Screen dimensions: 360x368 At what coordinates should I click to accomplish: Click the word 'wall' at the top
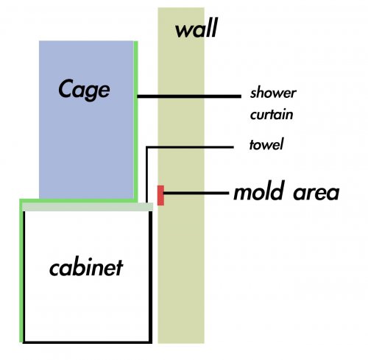pos(197,30)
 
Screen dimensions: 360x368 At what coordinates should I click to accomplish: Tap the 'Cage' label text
pos(84,90)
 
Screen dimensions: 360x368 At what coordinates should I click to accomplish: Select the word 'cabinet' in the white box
pos(86,267)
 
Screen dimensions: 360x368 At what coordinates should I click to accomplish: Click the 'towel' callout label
pos(267,144)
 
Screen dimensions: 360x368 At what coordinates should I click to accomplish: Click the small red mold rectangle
pos(160,196)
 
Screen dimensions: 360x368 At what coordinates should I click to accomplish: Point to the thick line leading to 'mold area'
pos(195,194)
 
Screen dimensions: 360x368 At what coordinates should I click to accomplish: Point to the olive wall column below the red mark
pos(180,280)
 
